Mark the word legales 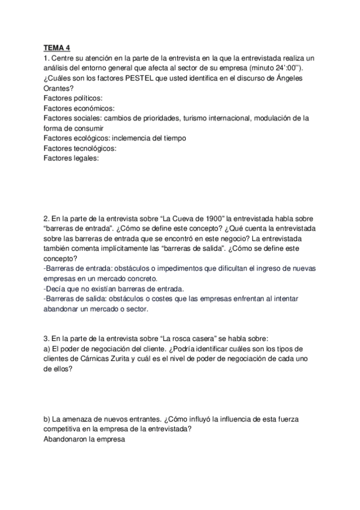[x=84, y=159]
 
